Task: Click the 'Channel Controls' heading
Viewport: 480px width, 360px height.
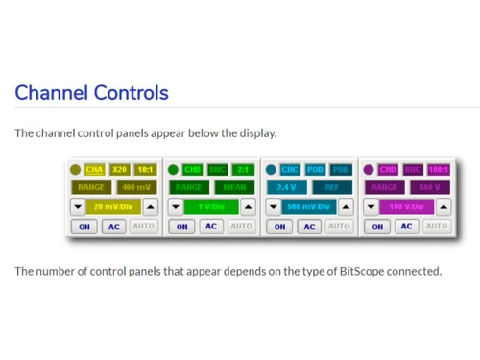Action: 91,93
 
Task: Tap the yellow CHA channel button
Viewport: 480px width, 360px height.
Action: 95,170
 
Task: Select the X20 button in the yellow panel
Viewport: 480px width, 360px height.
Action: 120,170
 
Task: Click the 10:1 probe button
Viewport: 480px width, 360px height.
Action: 145,170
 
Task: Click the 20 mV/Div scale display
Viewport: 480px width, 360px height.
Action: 113,206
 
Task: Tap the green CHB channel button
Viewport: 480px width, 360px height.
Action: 193,170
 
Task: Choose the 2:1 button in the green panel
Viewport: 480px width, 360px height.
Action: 243,170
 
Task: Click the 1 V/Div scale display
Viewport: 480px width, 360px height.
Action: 211,206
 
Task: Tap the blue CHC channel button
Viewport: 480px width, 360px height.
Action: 290,170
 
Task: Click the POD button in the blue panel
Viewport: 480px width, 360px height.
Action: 316,170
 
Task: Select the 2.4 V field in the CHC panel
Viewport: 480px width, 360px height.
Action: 286,187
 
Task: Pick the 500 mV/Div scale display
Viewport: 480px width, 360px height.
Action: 308,206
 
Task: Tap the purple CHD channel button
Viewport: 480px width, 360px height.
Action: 388,170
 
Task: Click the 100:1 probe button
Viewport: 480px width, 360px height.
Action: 437,170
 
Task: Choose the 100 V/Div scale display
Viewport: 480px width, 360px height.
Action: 406,206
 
